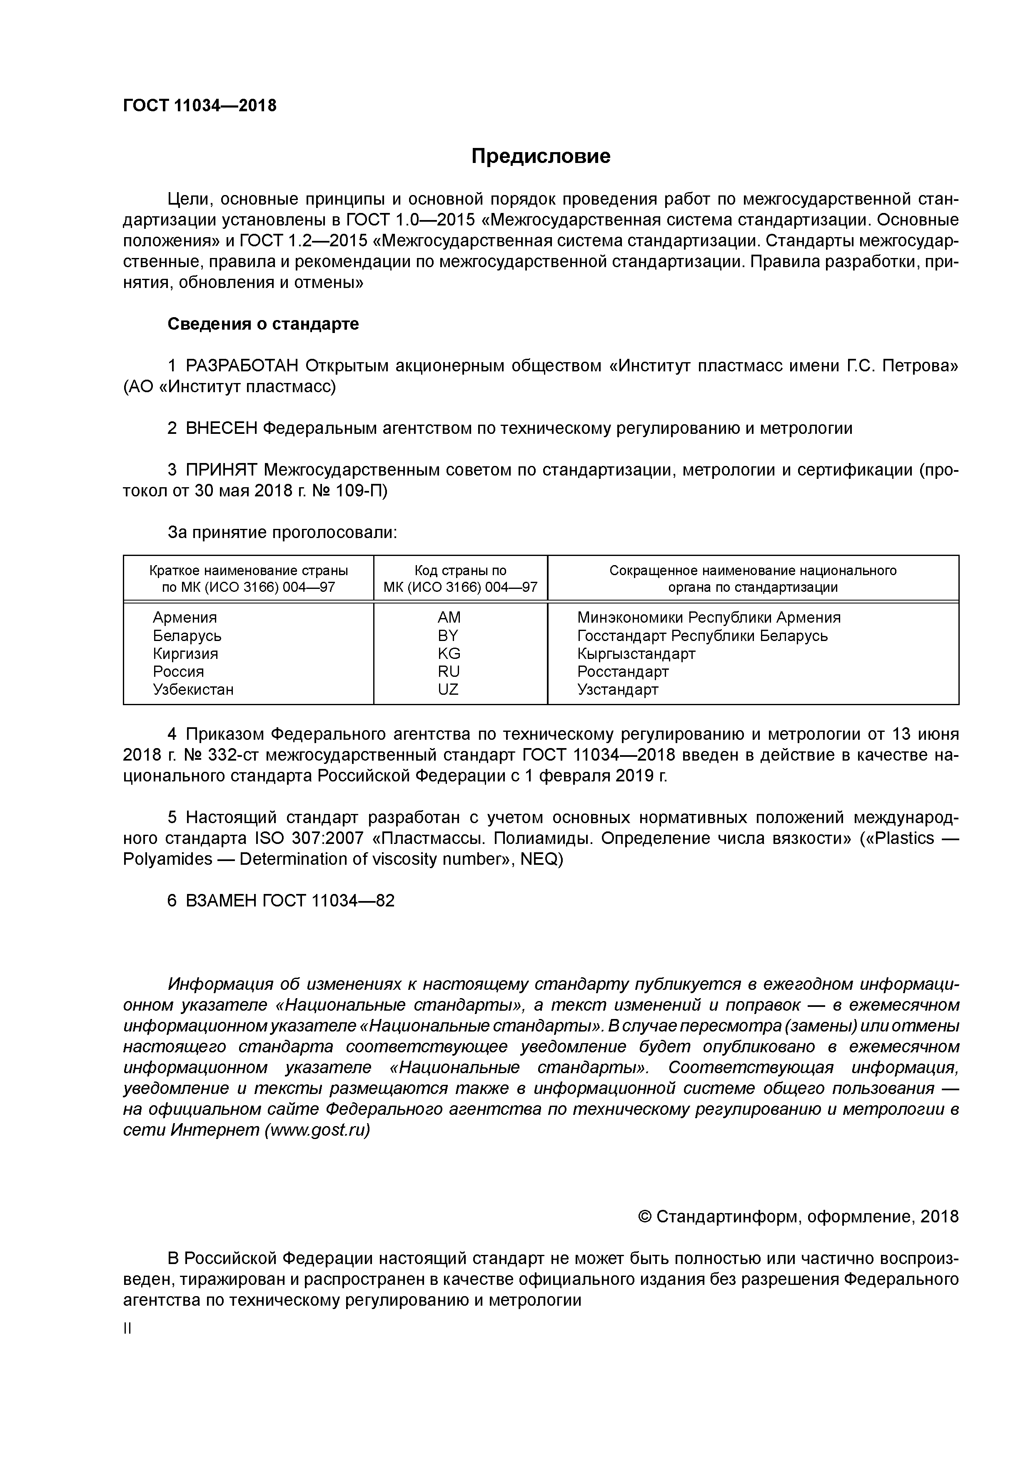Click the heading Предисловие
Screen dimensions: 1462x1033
pos(540,156)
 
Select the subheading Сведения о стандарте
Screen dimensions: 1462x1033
pos(263,324)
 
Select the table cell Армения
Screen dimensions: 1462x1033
pos(185,618)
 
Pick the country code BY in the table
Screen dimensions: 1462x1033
pos(448,636)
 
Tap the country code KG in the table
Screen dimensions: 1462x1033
pos(448,653)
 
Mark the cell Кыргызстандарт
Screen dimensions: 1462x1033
pos(636,654)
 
